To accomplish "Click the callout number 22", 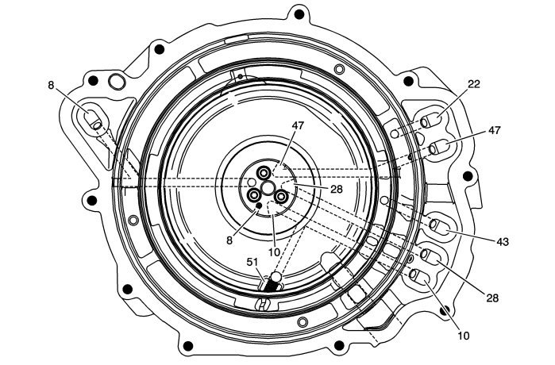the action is (x=474, y=84).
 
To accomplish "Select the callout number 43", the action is (x=503, y=242).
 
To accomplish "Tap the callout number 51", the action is (x=252, y=262).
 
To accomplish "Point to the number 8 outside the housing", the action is (x=52, y=86).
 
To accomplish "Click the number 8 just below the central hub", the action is (x=229, y=240).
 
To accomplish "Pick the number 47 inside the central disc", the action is (x=298, y=125).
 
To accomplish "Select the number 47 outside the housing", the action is (x=495, y=130).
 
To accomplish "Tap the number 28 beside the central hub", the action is (x=337, y=189).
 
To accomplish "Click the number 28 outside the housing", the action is (x=492, y=298).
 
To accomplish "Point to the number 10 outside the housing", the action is (x=464, y=336).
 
